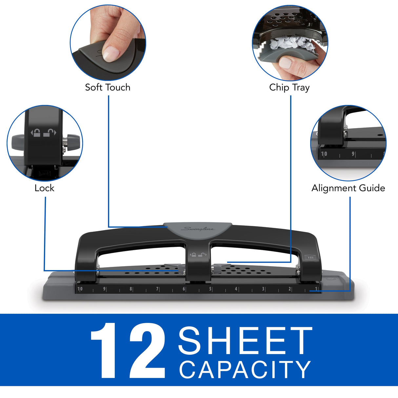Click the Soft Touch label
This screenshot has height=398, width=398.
coord(108,87)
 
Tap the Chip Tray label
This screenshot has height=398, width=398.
coord(289,88)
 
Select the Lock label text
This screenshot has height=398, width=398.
coord(44,188)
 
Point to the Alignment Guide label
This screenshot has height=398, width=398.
coord(348,188)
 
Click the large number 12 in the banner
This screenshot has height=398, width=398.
coord(128,350)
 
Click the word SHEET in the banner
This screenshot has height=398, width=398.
coord(245,341)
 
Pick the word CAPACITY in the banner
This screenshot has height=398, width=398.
coord(245,369)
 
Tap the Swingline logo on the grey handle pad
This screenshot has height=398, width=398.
coord(198,229)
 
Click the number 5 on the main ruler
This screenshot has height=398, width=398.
coord(210,289)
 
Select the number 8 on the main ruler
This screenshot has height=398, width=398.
coord(131,289)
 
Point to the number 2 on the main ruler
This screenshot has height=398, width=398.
coord(289,289)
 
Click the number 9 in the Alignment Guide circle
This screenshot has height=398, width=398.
coord(353,154)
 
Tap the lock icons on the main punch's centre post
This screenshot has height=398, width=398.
coord(198,254)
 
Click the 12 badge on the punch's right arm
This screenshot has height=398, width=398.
coord(310,257)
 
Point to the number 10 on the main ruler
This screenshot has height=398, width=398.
coord(80,289)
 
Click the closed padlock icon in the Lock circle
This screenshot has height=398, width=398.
coord(37,133)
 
